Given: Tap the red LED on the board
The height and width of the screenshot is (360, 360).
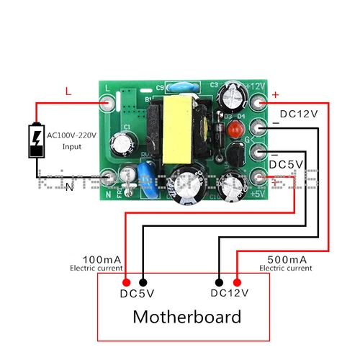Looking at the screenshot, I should (233, 132).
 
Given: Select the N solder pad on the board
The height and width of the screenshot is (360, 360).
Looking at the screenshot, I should (109, 176).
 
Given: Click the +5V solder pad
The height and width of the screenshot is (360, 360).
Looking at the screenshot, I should (257, 177).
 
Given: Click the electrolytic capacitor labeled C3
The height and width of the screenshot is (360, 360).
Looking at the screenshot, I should (233, 94).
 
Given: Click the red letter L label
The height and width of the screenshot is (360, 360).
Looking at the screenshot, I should (68, 91).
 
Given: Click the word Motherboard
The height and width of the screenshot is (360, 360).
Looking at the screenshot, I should (187, 316).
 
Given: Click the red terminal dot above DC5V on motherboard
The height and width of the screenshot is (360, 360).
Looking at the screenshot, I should (127, 283).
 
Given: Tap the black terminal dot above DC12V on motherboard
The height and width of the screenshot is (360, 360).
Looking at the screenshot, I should (219, 283).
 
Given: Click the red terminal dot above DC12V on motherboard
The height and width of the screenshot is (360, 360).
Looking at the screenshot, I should (236, 283).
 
